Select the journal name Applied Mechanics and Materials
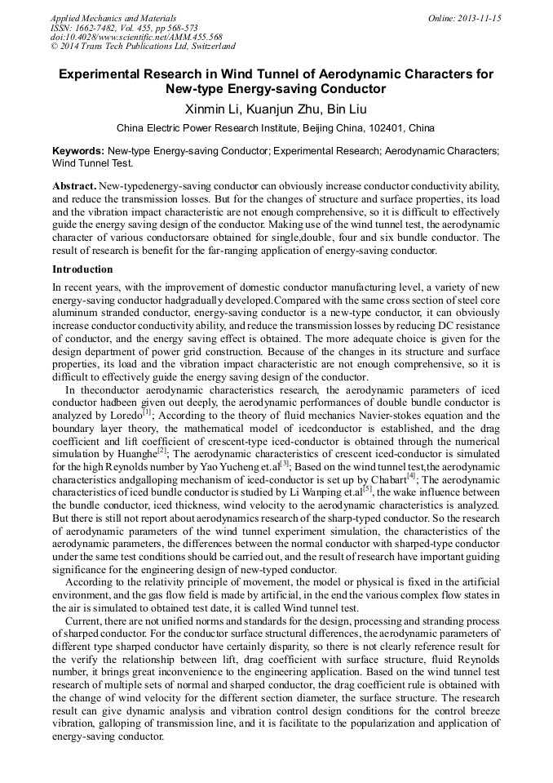[113, 17]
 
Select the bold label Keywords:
[78, 151]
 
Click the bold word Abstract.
[74, 187]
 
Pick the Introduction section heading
[82, 269]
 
